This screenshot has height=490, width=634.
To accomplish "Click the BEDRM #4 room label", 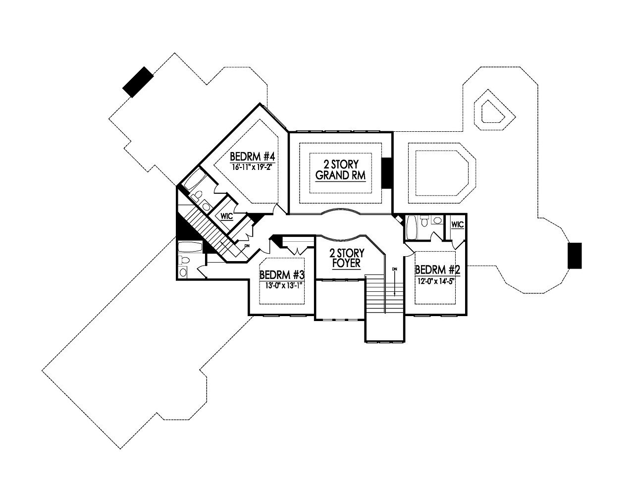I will pyautogui.click(x=252, y=157).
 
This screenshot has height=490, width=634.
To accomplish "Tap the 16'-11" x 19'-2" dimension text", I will pyautogui.click(x=252, y=167).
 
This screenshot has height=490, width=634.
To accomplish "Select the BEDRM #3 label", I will pyautogui.click(x=281, y=274).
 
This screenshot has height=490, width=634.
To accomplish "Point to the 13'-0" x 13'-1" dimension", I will pyautogui.click(x=281, y=285).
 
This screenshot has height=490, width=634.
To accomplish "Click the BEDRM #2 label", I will pyautogui.click(x=438, y=270).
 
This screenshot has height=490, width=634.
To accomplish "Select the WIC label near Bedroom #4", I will pyautogui.click(x=227, y=216).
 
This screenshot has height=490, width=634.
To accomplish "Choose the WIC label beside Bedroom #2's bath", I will pyautogui.click(x=457, y=224).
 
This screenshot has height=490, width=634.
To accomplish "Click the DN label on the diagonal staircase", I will pyautogui.click(x=247, y=246).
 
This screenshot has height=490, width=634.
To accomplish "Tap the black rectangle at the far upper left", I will pyautogui.click(x=138, y=82).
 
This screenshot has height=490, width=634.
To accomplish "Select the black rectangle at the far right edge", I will pyautogui.click(x=575, y=256).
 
